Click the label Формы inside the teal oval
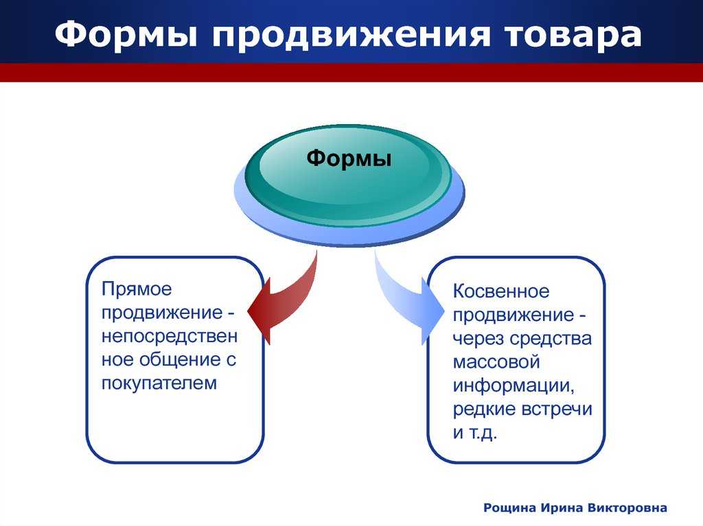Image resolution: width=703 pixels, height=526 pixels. pyautogui.click(x=349, y=159)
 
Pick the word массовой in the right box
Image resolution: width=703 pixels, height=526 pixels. pyautogui.click(x=496, y=361)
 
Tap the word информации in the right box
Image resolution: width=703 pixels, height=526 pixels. pyautogui.click(x=512, y=385)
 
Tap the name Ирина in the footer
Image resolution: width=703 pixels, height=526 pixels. pyautogui.click(x=560, y=508)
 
